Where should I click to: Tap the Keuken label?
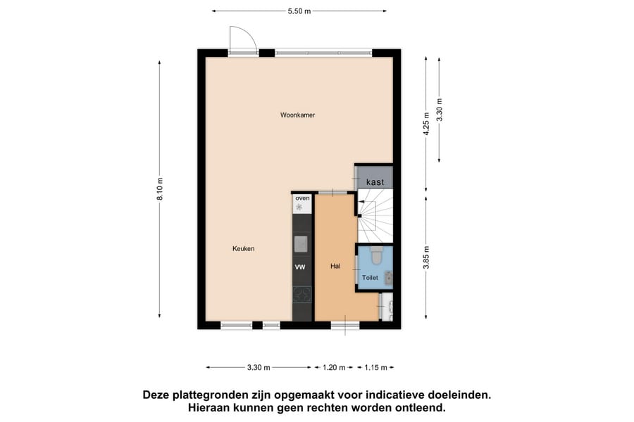[243, 249]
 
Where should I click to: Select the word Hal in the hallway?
[335, 267]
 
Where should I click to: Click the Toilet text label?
[370, 278]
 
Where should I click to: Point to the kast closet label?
[375, 182]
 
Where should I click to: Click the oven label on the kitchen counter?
[302, 198]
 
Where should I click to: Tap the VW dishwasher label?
[300, 267]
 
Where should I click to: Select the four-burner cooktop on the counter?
[302, 295]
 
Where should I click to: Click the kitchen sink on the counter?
[302, 243]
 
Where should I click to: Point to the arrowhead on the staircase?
[361, 205]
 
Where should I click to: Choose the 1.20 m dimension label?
[334, 367]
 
